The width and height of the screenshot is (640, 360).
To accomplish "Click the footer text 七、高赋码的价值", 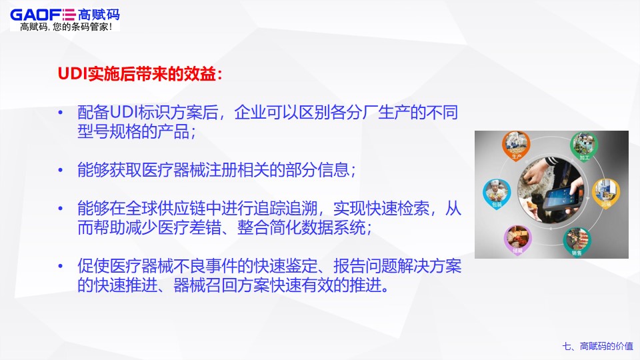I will click(597, 346).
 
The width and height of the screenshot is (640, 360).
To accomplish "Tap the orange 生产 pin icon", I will click(515, 148).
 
